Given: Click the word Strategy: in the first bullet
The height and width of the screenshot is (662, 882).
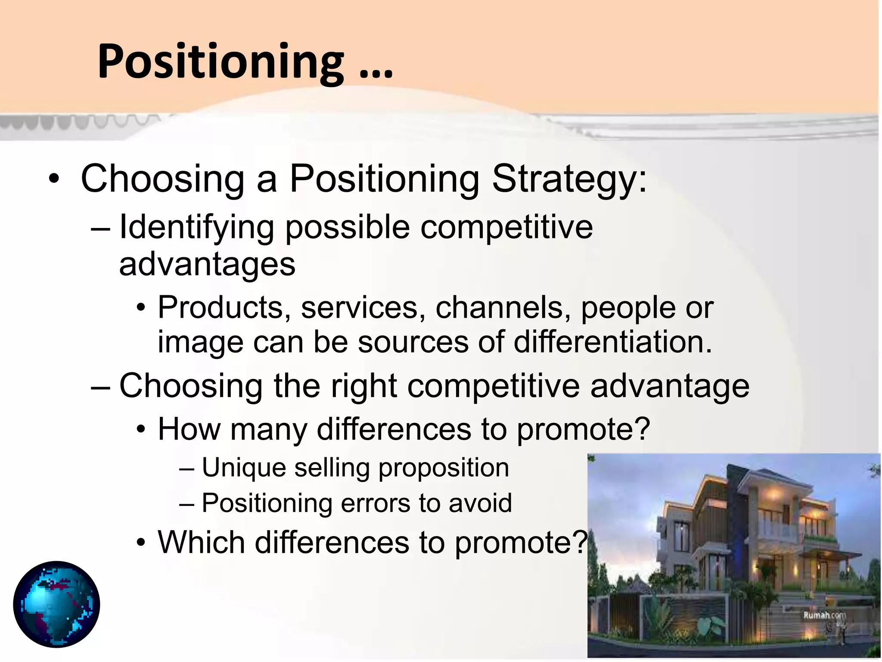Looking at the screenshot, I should tap(569, 179).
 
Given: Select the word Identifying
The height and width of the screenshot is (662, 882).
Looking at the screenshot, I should tap(196, 228).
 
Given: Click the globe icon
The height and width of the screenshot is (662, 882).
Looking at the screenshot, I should tap(56, 604).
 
